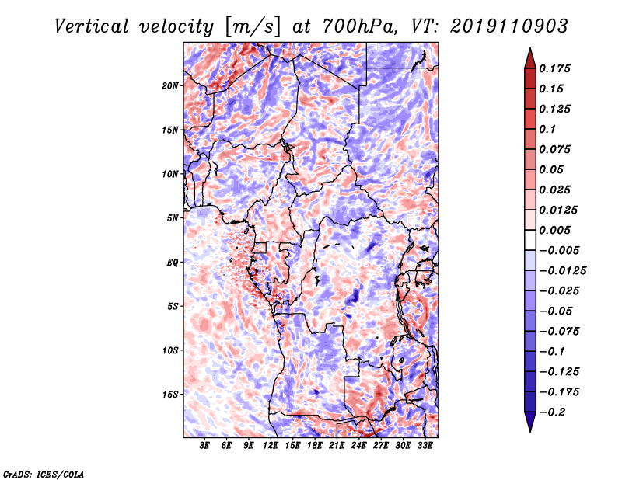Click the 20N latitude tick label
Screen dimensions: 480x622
coord(171,85)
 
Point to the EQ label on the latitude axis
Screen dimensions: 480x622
coord(173,263)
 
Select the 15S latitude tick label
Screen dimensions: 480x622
coord(171,395)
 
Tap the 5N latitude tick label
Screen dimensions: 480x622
coord(173,218)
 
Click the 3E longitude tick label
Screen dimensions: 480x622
coord(205,447)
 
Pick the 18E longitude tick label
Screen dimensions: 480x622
coord(316,447)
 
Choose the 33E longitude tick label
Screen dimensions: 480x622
coord(425,447)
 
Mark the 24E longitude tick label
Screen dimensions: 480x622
coord(359,447)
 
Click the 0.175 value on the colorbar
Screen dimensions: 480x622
coord(557,68)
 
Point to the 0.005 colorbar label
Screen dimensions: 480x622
coord(557,230)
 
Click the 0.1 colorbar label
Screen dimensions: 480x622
coord(549,129)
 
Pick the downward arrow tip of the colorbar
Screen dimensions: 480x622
coord(529,430)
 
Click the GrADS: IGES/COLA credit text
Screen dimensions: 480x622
coord(44,472)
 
